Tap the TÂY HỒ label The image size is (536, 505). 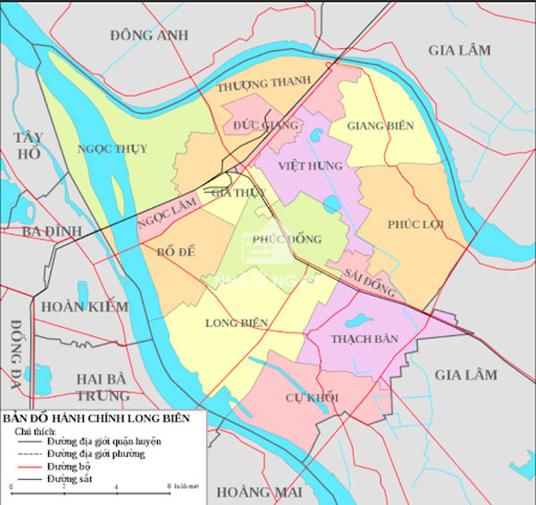(29, 145)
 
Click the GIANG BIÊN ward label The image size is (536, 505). (381, 126)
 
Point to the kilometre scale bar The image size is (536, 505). (89, 491)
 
